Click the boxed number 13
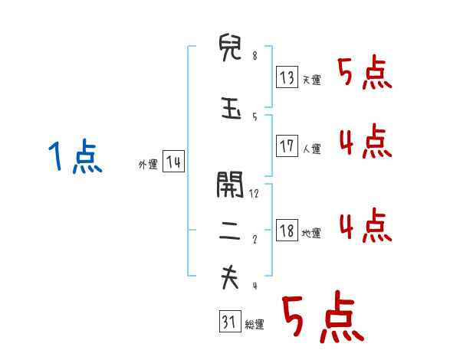pyautogui.click(x=287, y=77)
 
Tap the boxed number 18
pyautogui.click(x=287, y=231)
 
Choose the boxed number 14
pyautogui.click(x=173, y=162)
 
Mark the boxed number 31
pyautogui.click(x=229, y=322)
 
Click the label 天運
pyautogui.click(x=311, y=80)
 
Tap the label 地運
pyautogui.click(x=311, y=233)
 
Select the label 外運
pyautogui.click(x=147, y=164)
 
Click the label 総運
pyautogui.click(x=255, y=325)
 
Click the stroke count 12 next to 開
pyautogui.click(x=255, y=193)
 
